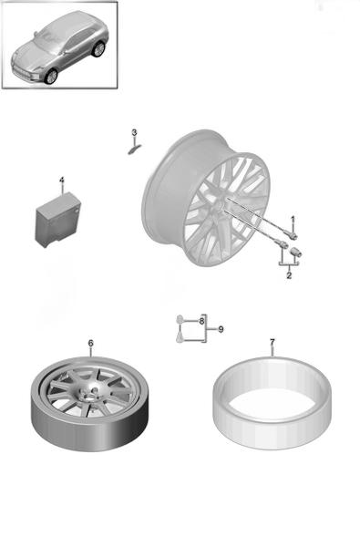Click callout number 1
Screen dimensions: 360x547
point(293,219)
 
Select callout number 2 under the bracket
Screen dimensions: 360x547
point(289,275)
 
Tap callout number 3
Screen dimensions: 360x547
point(134,132)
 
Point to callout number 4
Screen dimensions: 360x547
point(62,180)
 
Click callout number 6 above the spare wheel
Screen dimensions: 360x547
point(91,344)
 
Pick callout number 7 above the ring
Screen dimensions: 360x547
point(273,342)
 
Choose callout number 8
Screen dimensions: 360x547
point(201,321)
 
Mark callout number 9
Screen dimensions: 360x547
point(221,329)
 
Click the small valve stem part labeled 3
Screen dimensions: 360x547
point(133,150)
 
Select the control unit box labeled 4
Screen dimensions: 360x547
point(58,220)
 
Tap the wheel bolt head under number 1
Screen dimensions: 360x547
point(293,235)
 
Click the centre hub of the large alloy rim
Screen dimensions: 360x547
point(219,205)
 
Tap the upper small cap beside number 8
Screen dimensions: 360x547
point(180,319)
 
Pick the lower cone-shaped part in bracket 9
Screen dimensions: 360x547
point(180,337)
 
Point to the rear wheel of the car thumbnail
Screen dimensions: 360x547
point(98,49)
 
